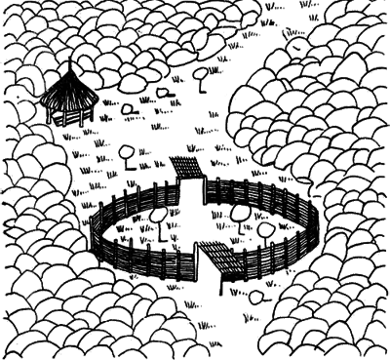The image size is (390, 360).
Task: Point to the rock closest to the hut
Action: [x=127, y=107]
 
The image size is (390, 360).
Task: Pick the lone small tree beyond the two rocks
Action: [x=202, y=73]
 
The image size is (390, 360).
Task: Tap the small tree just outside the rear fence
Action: [x=127, y=152]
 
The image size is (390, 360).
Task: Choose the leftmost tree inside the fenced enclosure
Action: [x=157, y=215]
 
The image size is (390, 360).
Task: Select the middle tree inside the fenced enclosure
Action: [x=239, y=212]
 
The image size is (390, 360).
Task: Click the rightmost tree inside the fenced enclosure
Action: [x=265, y=229]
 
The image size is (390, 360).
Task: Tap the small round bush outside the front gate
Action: [x=256, y=296]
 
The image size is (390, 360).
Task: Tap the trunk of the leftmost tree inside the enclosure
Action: [x=158, y=230]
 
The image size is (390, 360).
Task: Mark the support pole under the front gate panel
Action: [x=222, y=283]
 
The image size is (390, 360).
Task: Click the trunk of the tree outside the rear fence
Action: [x=128, y=164]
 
